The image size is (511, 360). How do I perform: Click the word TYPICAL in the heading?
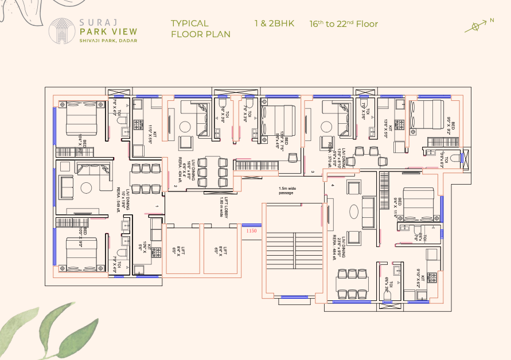click(x=189, y=24)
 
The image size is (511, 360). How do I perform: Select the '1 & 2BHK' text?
click(x=274, y=24)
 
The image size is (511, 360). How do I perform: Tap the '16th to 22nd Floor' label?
click(x=344, y=24)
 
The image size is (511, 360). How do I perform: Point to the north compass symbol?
click(x=476, y=26)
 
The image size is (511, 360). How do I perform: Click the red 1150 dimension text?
click(x=251, y=231)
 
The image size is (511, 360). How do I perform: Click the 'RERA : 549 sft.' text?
click(x=118, y=200)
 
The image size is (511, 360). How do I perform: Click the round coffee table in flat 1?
click(x=86, y=187)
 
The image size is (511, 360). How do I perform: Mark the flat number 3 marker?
click(x=313, y=171)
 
